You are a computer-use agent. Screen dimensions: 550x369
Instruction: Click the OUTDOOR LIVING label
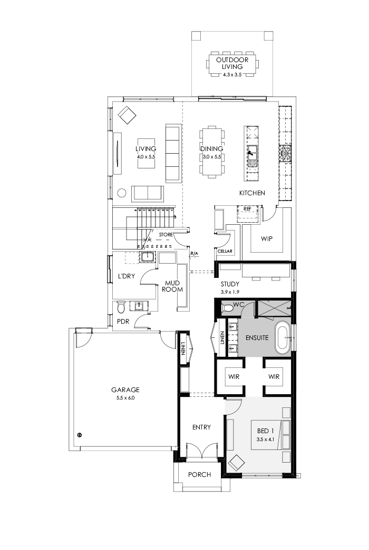coord(232,64)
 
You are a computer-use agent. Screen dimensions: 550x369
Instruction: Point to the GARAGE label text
coord(125,390)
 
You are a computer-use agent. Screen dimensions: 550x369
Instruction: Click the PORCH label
coord(199,474)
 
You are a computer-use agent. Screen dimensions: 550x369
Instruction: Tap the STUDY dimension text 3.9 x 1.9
coord(230,293)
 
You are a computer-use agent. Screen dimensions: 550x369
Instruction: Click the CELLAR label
coord(225,252)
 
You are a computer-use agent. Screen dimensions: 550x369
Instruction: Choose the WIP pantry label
coord(267,238)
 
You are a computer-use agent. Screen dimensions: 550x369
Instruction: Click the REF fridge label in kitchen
coord(247,209)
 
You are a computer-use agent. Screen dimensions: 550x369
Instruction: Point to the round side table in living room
coord(121,193)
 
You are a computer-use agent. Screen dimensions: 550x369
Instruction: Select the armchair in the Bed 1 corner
coord(236,463)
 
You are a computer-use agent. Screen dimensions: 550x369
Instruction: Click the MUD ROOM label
coord(172,286)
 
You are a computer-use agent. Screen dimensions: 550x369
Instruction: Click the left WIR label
coord(233,377)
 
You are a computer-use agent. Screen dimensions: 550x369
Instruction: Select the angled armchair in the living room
coord(127,115)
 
